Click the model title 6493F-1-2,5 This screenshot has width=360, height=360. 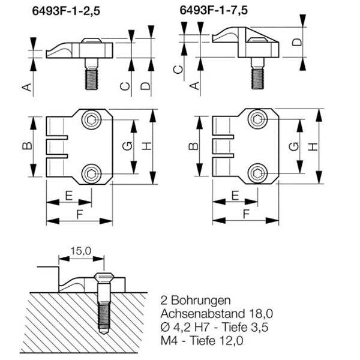(x=73, y=11)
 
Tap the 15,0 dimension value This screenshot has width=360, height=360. (x=79, y=251)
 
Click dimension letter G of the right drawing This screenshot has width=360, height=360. (x=292, y=146)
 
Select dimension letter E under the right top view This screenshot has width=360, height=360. (x=235, y=196)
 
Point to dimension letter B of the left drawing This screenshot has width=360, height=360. (x=26, y=146)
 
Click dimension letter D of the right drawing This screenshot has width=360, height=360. (x=296, y=43)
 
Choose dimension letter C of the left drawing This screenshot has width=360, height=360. (x=124, y=86)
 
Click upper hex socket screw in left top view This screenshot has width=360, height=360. (x=91, y=120)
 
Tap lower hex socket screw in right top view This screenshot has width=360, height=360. (x=258, y=174)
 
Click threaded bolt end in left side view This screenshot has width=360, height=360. (x=92, y=80)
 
